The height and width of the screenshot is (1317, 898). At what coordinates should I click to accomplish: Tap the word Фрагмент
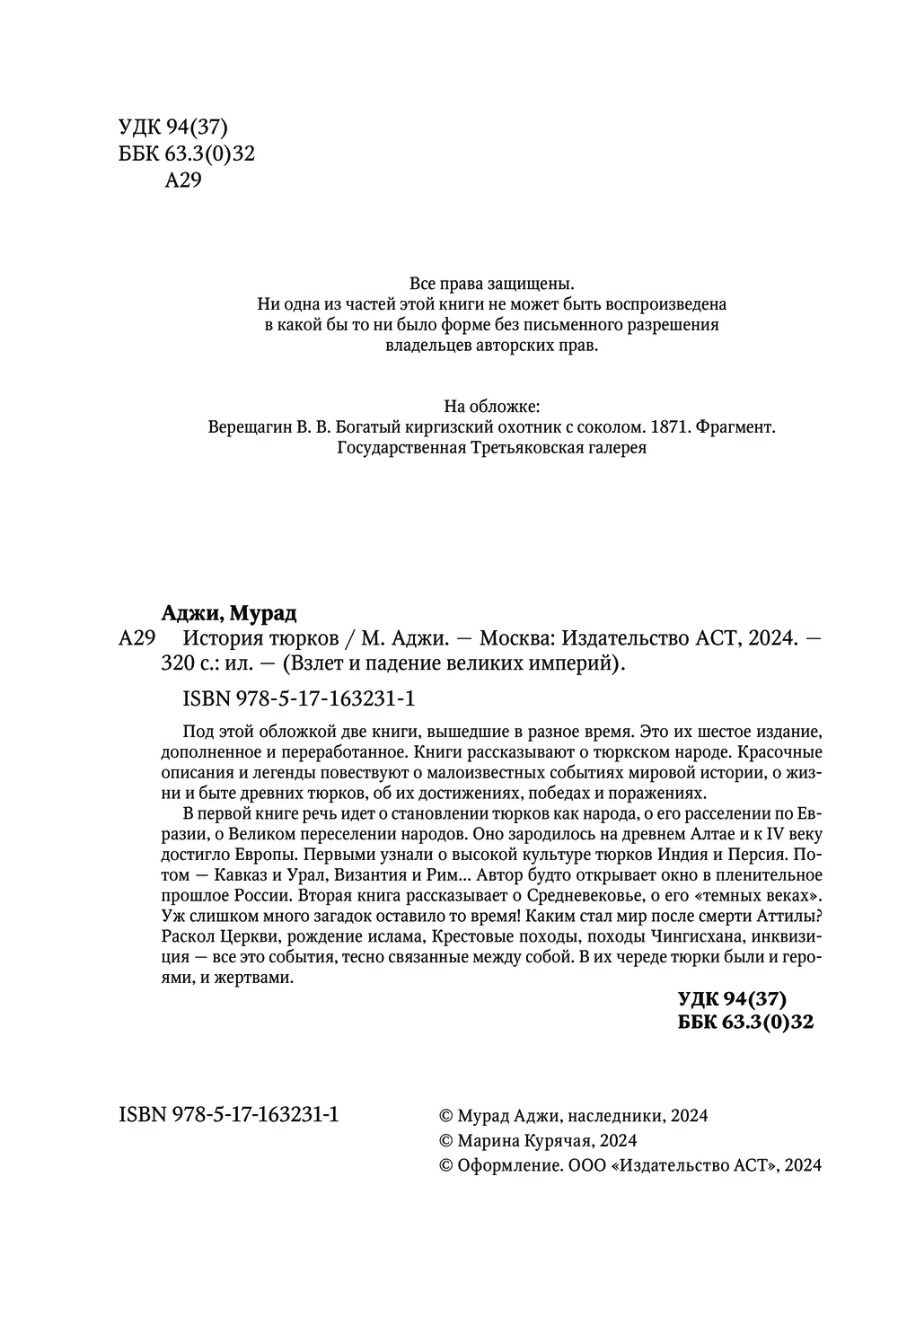734,427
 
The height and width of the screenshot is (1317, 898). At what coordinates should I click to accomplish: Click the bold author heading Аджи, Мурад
228,613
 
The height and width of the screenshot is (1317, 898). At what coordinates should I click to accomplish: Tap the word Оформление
509,1165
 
